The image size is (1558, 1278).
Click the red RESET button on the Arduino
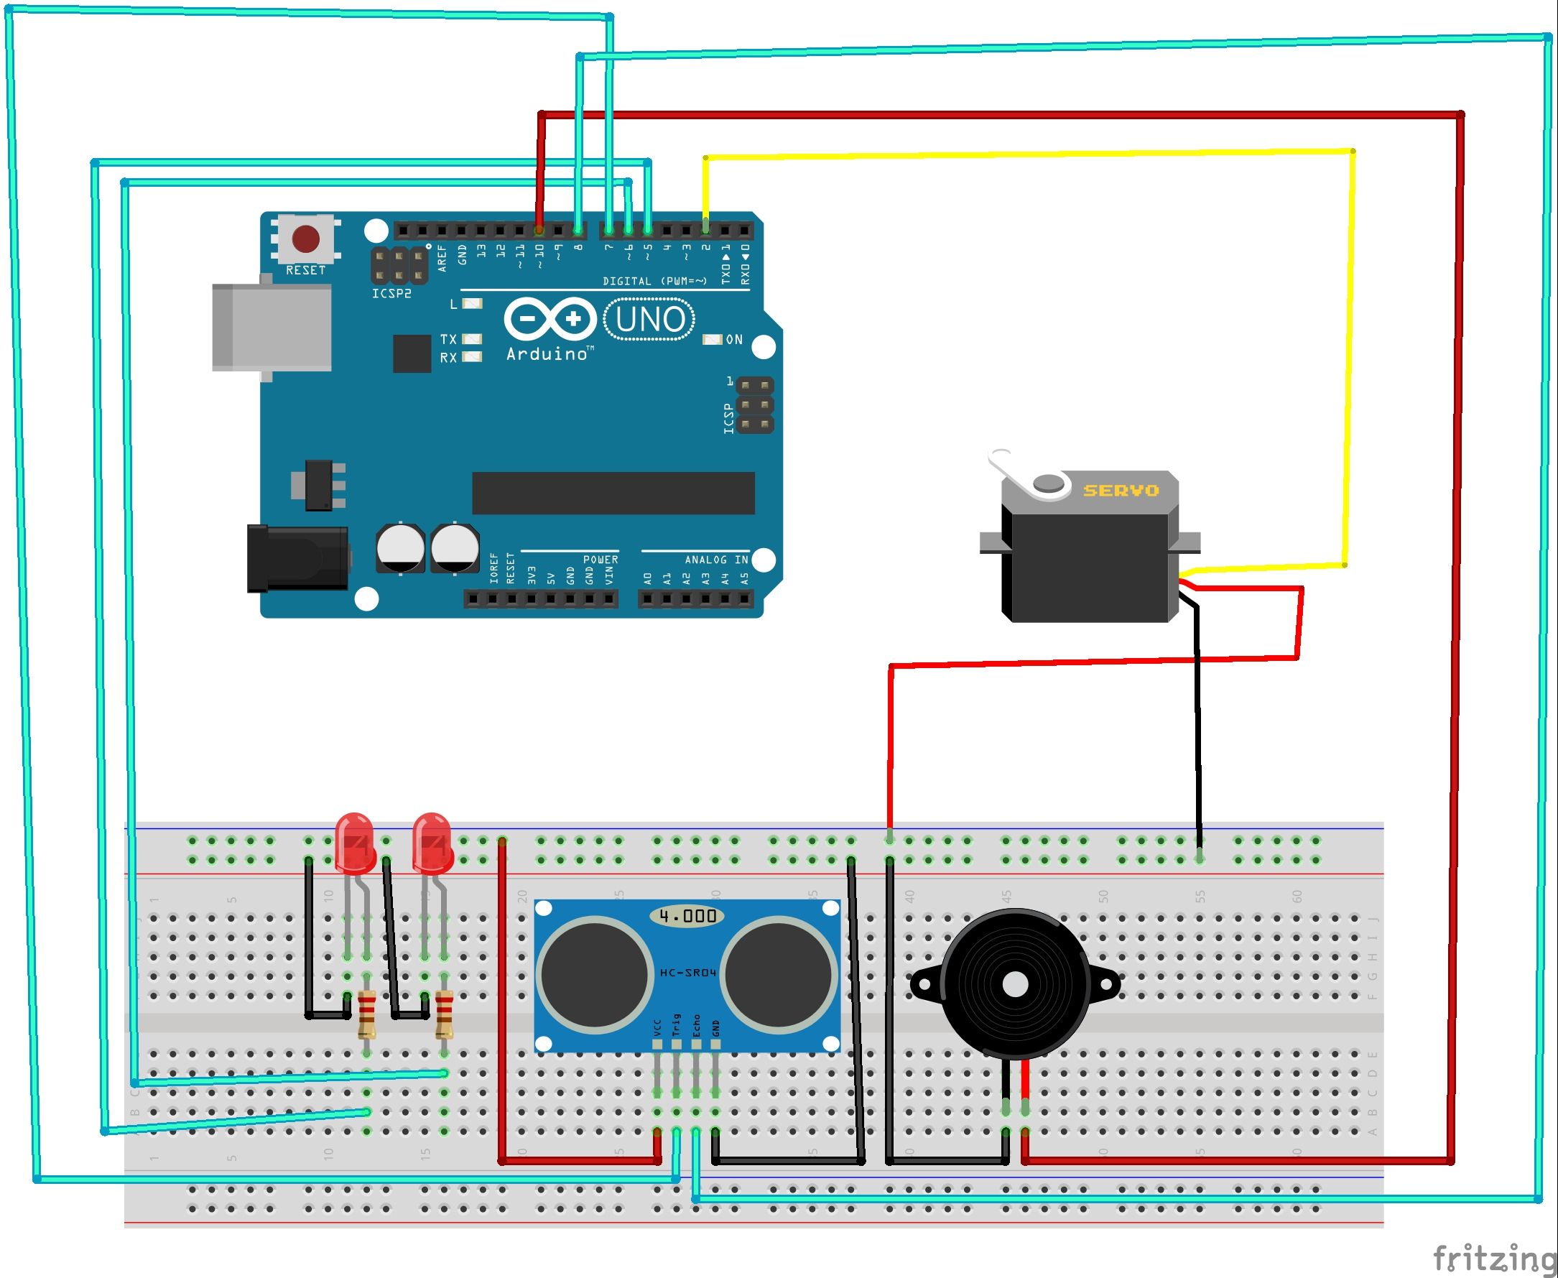pyautogui.click(x=305, y=239)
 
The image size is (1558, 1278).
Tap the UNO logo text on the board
pyautogui.click(x=650, y=320)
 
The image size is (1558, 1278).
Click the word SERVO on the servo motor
pyautogui.click(x=1121, y=490)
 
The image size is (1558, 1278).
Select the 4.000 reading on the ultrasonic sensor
pyautogui.click(x=687, y=916)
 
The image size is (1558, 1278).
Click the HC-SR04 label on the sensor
pyautogui.click(x=687, y=973)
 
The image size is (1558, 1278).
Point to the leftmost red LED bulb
pyautogui.click(x=354, y=841)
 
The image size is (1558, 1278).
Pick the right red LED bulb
pyautogui.click(x=432, y=841)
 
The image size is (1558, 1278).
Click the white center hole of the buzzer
pyautogui.click(x=1015, y=985)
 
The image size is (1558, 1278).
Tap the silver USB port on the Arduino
pyautogui.click(x=271, y=328)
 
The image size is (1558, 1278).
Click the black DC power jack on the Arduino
pyautogui.click(x=297, y=558)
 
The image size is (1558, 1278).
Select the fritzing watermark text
pyautogui.click(x=1494, y=1257)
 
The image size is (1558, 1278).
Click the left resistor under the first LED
pyautogui.click(x=366, y=1015)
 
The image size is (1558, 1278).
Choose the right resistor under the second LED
pyautogui.click(x=444, y=1015)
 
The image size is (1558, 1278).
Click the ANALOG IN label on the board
pyautogui.click(x=715, y=560)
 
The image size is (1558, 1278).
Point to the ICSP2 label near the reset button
pyautogui.click(x=391, y=294)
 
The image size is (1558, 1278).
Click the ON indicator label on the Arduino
pyautogui.click(x=733, y=339)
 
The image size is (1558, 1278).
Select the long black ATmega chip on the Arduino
pyautogui.click(x=613, y=494)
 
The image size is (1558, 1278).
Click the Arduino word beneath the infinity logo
pyautogui.click(x=547, y=354)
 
